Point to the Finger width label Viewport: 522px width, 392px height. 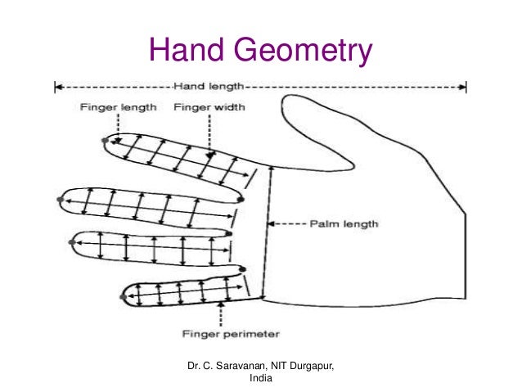209,106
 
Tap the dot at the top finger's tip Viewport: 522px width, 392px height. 104,141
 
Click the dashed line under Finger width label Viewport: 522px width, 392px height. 209,131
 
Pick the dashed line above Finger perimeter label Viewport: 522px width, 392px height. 222,315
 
